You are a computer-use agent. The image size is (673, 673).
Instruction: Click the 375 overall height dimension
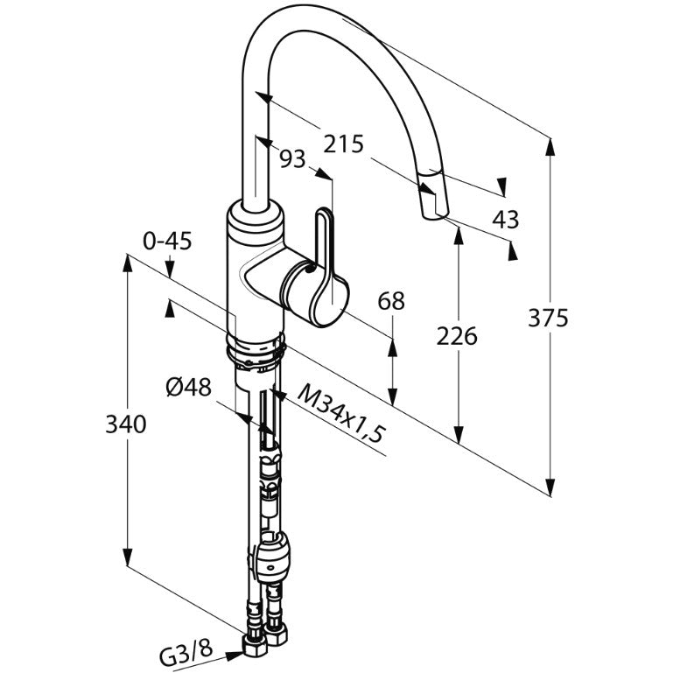[x=548, y=318]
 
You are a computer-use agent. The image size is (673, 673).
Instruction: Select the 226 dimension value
[x=457, y=336]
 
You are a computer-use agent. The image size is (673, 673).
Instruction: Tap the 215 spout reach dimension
[x=343, y=144]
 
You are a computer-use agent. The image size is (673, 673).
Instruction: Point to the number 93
[x=291, y=158]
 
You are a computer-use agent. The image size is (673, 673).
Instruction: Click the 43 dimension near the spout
[x=505, y=220]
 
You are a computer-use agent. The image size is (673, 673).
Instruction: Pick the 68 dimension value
[x=391, y=301]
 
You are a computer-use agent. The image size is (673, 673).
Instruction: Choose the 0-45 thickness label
[x=167, y=242]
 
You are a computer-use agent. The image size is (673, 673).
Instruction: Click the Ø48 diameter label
[x=189, y=388]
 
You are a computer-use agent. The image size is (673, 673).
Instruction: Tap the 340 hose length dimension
[x=126, y=424]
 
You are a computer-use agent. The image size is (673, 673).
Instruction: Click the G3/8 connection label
[x=186, y=655]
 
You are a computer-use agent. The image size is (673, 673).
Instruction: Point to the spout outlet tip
[x=434, y=214]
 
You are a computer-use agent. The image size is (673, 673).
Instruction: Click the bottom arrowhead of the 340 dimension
[x=128, y=557]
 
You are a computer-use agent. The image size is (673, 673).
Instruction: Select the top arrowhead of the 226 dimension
[x=459, y=235]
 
